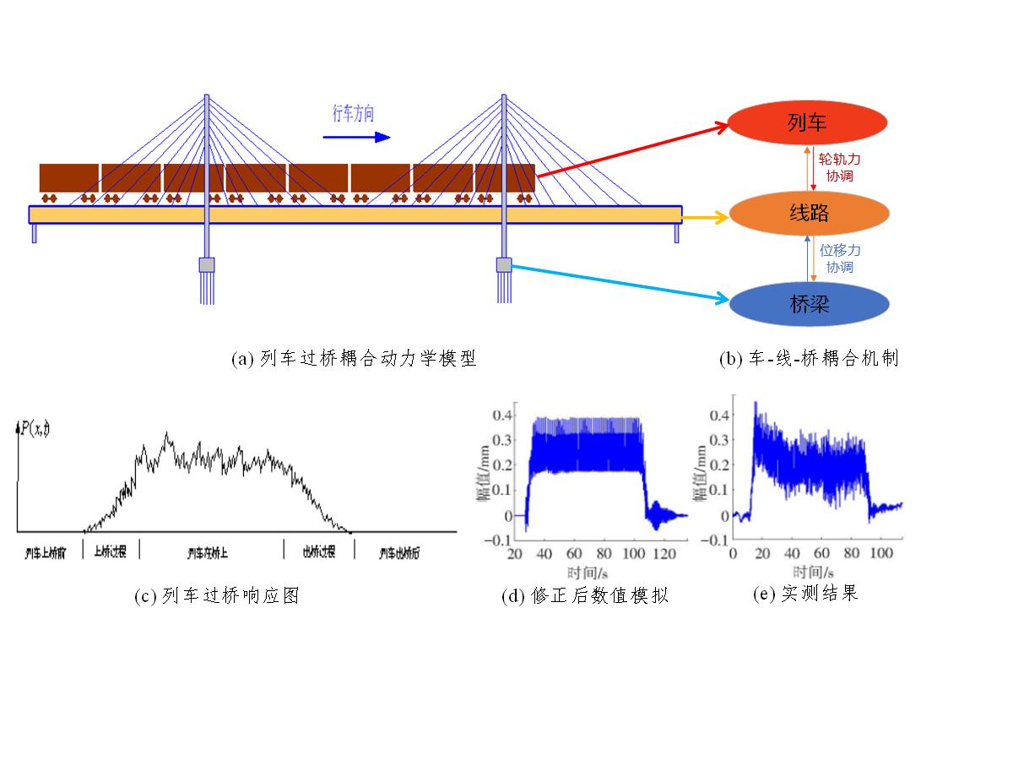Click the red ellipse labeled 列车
[807, 123]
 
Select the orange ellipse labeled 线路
[809, 213]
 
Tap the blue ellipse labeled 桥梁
[809, 304]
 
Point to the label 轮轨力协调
[840, 166]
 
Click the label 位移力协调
[840, 258]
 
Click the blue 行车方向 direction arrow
[356, 135]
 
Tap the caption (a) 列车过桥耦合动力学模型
[355, 359]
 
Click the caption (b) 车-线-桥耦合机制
[809, 359]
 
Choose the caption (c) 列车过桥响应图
[217, 596]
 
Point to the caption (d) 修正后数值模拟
[585, 596]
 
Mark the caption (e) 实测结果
[805, 594]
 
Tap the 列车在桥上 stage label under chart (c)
[208, 553]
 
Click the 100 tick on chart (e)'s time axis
[881, 553]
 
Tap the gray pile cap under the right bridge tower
[504, 265]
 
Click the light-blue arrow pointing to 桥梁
[620, 282]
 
